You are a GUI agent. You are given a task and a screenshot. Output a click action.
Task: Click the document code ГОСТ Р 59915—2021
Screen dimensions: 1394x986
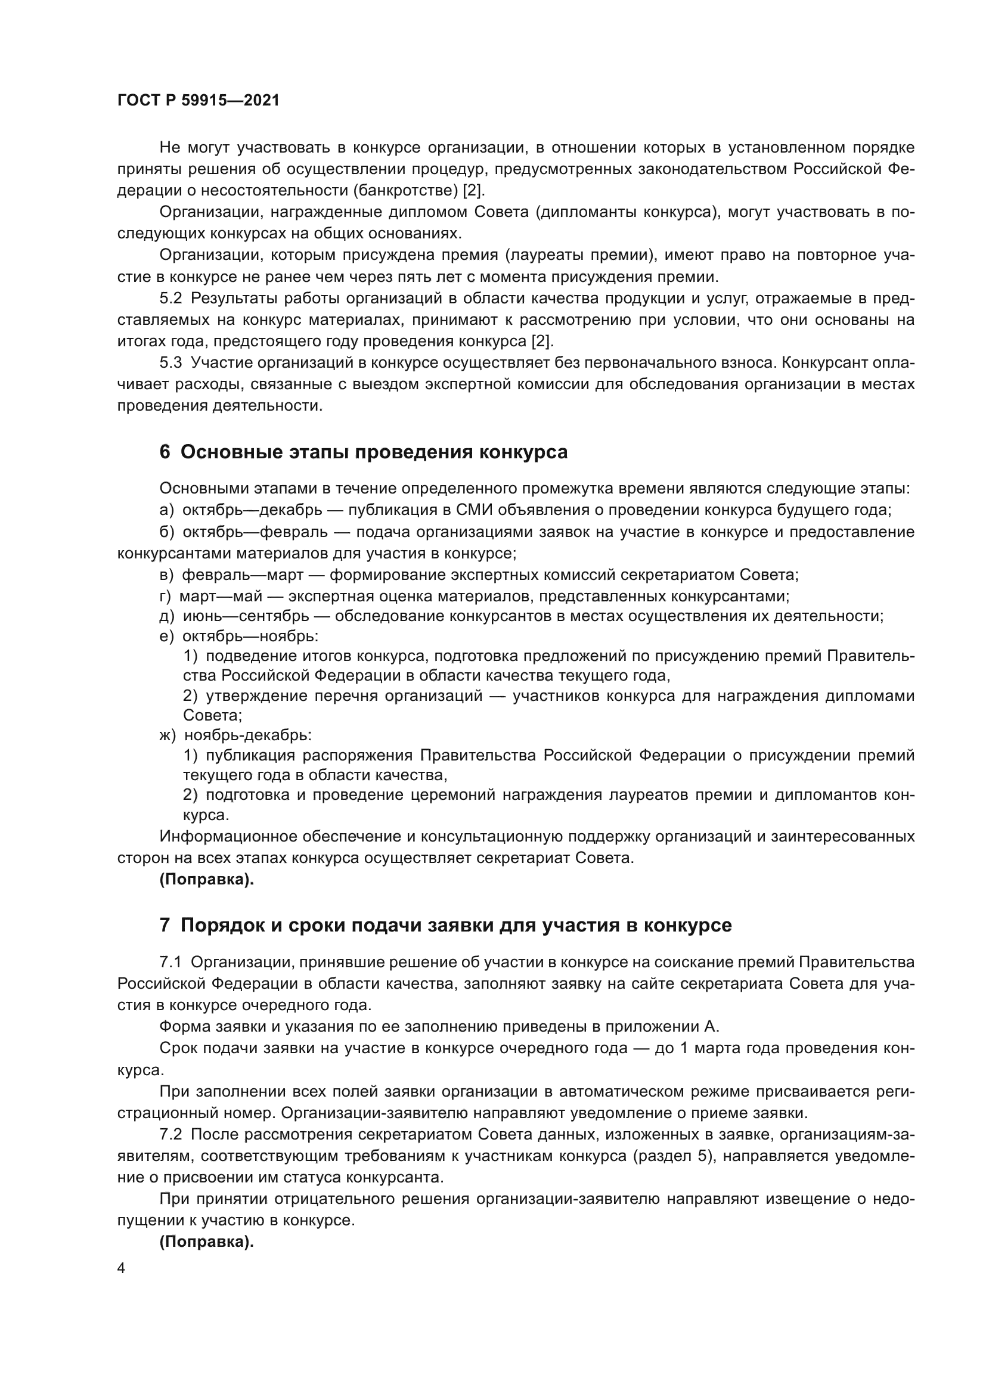(199, 101)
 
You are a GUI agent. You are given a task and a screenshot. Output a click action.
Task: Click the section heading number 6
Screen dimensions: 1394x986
(165, 452)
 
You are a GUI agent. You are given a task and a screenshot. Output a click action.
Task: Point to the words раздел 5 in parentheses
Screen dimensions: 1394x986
(672, 1156)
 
